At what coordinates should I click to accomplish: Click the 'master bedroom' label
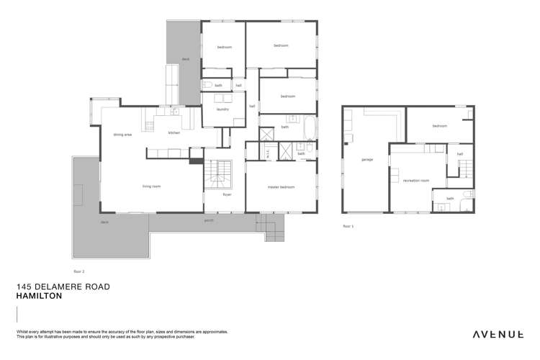[x=282, y=186]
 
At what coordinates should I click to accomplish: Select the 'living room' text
[x=150, y=186]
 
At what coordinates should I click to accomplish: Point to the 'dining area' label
[x=122, y=135]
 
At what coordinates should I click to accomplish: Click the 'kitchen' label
[x=174, y=133]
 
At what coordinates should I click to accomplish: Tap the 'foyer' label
[x=226, y=194]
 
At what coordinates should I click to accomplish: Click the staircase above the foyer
[x=217, y=174]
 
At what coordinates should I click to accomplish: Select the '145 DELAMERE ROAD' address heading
[x=63, y=286]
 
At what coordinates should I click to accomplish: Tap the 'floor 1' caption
[x=348, y=226]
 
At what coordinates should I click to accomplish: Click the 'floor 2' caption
[x=79, y=271]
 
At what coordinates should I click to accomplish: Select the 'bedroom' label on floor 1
[x=439, y=125]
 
